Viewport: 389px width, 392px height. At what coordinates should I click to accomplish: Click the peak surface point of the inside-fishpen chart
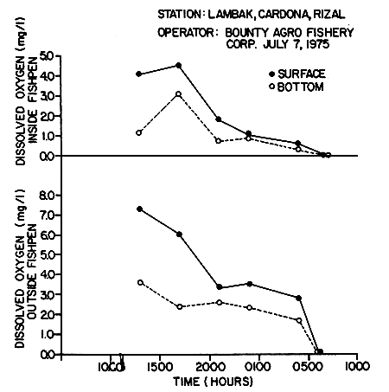[178, 65]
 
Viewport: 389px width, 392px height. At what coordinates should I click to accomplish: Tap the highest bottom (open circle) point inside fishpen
[178, 93]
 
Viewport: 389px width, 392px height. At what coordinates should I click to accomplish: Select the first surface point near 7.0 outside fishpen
[139, 209]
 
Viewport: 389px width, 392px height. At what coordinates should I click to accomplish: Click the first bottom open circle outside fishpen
[139, 282]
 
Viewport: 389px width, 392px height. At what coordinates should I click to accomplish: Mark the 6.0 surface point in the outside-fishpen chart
[179, 235]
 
